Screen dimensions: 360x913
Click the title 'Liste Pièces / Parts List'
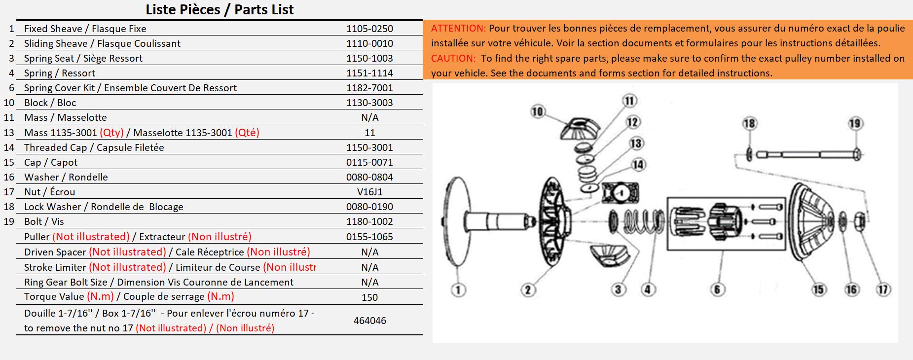pos(219,9)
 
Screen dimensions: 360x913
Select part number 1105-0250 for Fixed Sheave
pos(369,29)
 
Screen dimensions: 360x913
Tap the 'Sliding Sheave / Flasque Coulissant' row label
pos(102,43)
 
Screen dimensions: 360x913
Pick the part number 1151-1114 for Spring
pos(369,73)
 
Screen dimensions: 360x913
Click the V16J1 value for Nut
pos(369,192)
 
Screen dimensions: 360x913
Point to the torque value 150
pos(369,297)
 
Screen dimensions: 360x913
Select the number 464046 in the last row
pos(369,321)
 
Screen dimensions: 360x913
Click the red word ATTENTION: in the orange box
pos(458,28)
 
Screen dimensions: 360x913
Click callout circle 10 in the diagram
pos(537,111)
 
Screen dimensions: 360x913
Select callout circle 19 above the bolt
pos(855,123)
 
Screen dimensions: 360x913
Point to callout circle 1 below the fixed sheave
pos(458,289)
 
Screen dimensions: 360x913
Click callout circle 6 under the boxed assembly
pos(717,289)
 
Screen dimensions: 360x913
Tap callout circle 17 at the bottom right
pos(883,289)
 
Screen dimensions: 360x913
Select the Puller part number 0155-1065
pos(369,237)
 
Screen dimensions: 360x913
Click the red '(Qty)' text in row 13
pos(111,133)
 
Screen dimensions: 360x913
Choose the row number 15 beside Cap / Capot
pos(9,162)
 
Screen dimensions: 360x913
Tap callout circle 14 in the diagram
pos(638,164)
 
